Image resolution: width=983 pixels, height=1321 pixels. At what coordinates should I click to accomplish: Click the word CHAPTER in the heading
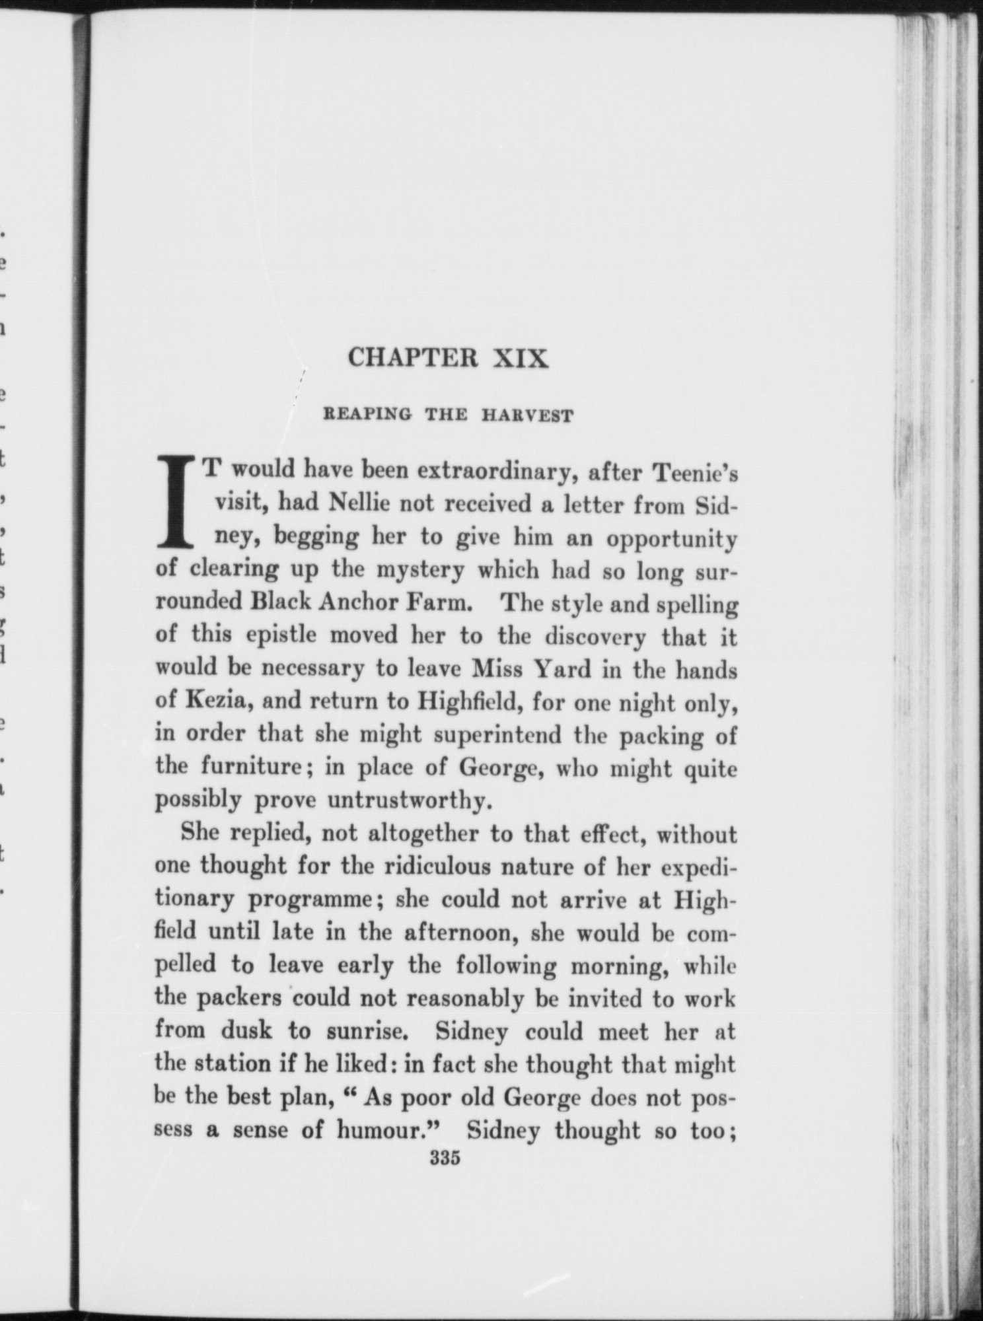[412, 358]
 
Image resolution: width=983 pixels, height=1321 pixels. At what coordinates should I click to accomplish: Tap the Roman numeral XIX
[521, 358]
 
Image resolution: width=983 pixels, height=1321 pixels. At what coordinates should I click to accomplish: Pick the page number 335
[444, 1159]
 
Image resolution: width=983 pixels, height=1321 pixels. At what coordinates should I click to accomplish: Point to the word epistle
[270, 635]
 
